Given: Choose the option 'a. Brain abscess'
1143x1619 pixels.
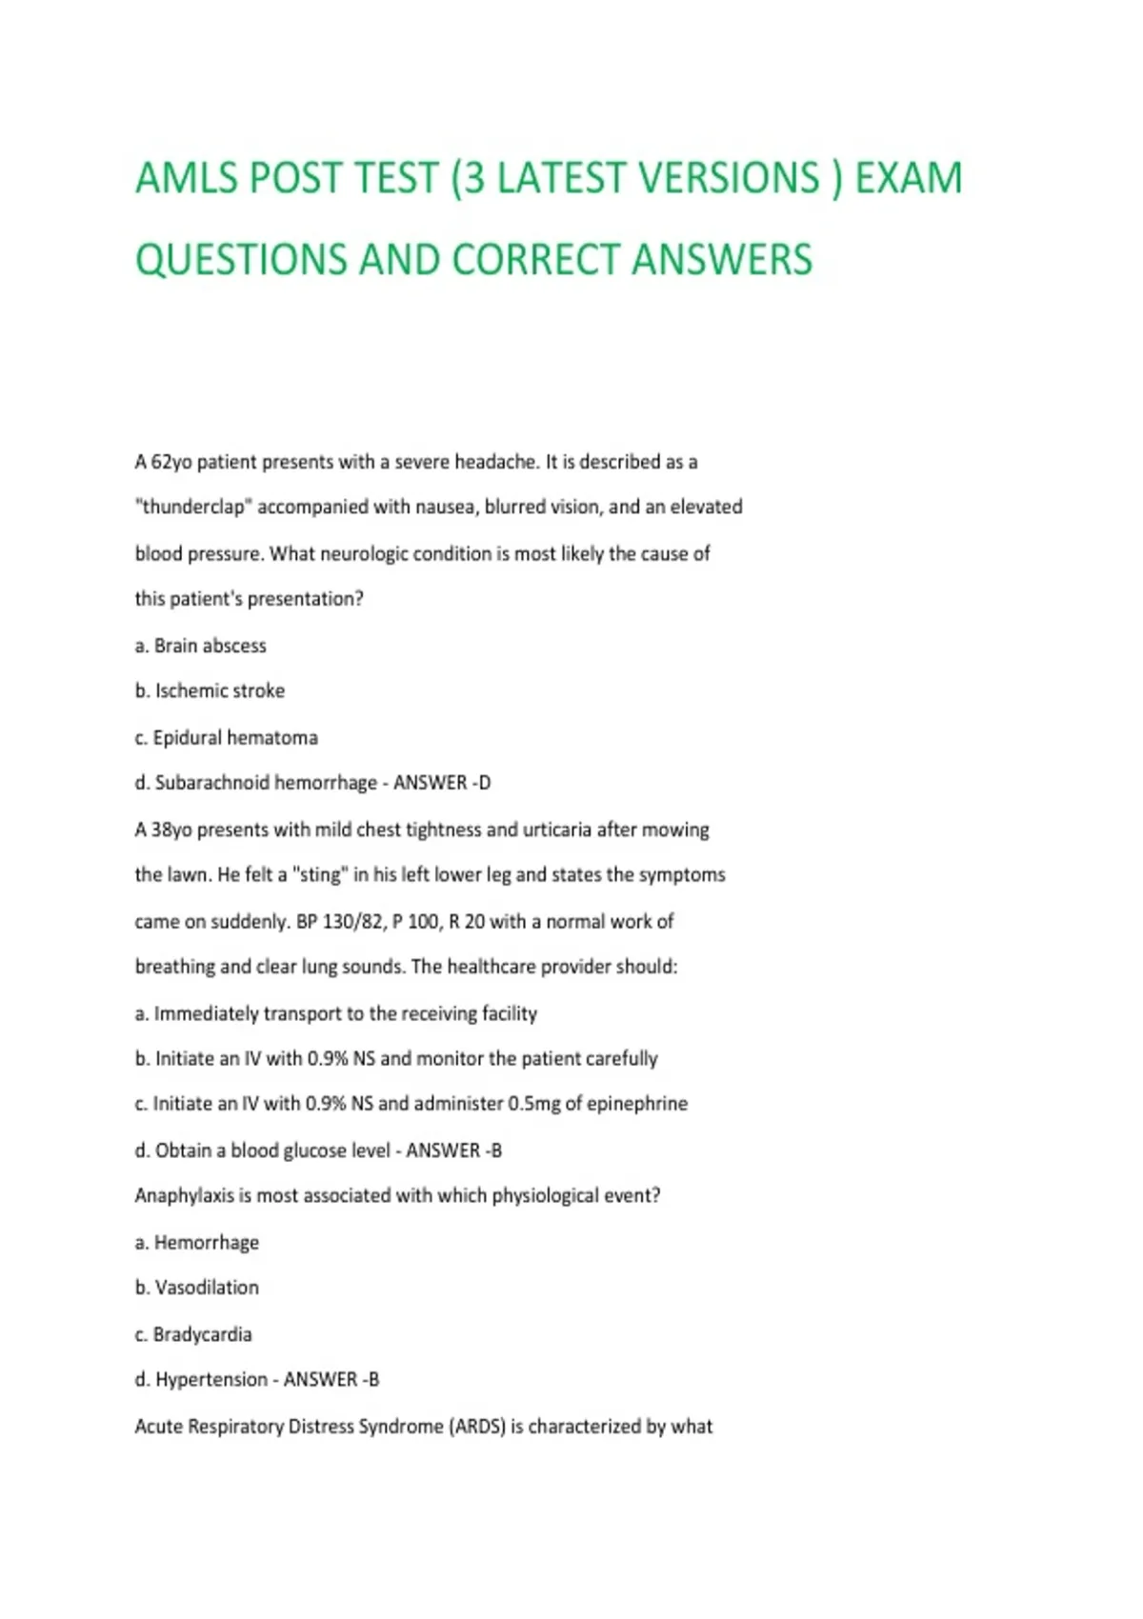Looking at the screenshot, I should point(201,646).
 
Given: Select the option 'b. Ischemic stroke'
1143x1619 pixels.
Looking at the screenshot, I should point(210,690).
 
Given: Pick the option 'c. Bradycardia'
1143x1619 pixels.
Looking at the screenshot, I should point(193,1334).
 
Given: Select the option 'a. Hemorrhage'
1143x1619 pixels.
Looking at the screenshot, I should point(197,1242).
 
